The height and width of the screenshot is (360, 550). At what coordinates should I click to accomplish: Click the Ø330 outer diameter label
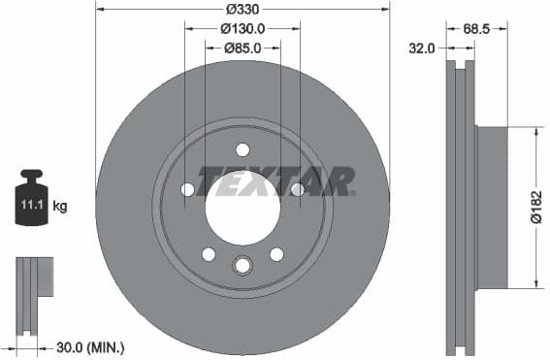tap(243, 10)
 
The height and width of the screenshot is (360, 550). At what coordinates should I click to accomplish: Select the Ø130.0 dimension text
tap(243, 29)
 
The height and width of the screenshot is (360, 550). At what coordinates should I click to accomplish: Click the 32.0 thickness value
tap(422, 47)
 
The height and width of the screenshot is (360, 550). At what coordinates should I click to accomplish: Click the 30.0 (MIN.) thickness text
tap(88, 346)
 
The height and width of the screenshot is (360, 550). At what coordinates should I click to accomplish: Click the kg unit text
tap(60, 206)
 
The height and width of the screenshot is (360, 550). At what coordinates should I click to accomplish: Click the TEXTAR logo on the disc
tap(277, 180)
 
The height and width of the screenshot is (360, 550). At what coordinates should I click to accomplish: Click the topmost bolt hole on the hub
tap(243, 148)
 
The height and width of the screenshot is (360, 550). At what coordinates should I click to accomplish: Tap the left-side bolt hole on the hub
tap(188, 189)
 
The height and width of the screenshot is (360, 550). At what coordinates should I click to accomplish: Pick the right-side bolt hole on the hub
tap(297, 189)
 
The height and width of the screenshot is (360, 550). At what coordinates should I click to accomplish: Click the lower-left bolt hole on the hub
tap(209, 253)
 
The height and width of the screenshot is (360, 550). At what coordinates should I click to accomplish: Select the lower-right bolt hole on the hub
tap(276, 253)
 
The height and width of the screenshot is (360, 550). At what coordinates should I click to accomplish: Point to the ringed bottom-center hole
tap(243, 264)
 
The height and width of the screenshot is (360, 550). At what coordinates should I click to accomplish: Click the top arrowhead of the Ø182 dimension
tap(535, 132)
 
